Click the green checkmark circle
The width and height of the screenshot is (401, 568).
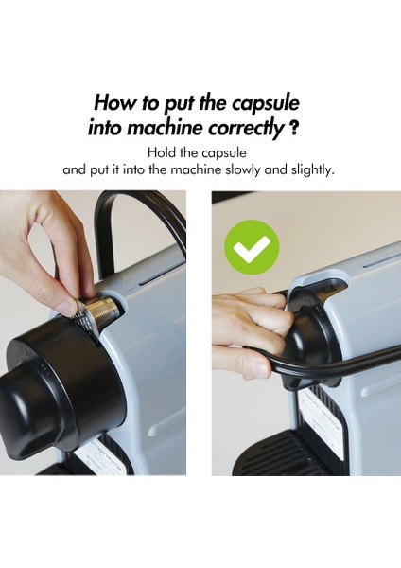[x=252, y=247]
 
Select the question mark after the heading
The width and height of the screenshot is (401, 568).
[x=294, y=129]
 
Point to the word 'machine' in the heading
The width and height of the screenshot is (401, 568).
[x=166, y=128]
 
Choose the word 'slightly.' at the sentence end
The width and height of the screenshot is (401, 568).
[x=312, y=169]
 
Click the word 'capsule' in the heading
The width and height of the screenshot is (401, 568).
[x=266, y=103]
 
